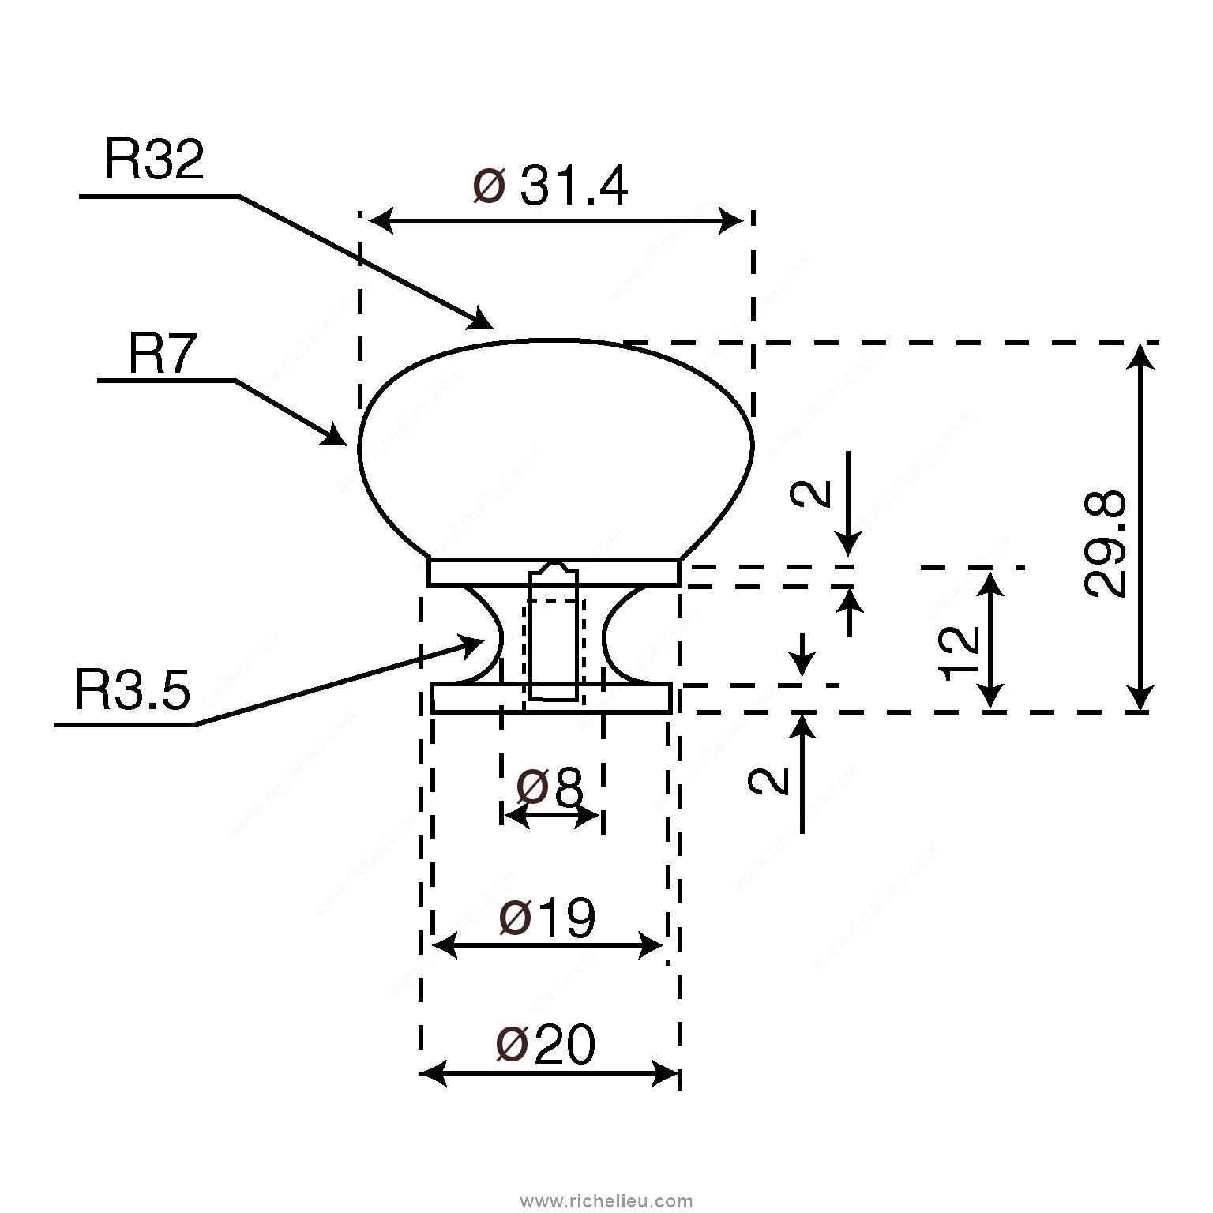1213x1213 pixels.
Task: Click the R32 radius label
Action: [154, 161]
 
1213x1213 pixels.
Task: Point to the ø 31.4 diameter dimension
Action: [550, 188]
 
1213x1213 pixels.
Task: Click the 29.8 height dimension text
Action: [1105, 543]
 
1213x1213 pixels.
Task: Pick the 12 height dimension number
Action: [959, 653]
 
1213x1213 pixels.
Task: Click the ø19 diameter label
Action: [546, 918]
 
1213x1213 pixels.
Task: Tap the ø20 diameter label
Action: [545, 1045]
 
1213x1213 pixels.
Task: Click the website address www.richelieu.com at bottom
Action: [607, 1200]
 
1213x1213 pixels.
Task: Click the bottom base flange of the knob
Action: [551, 698]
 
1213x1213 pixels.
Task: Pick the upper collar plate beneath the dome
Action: [553, 573]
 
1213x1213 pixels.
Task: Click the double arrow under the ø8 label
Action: [552, 817]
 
